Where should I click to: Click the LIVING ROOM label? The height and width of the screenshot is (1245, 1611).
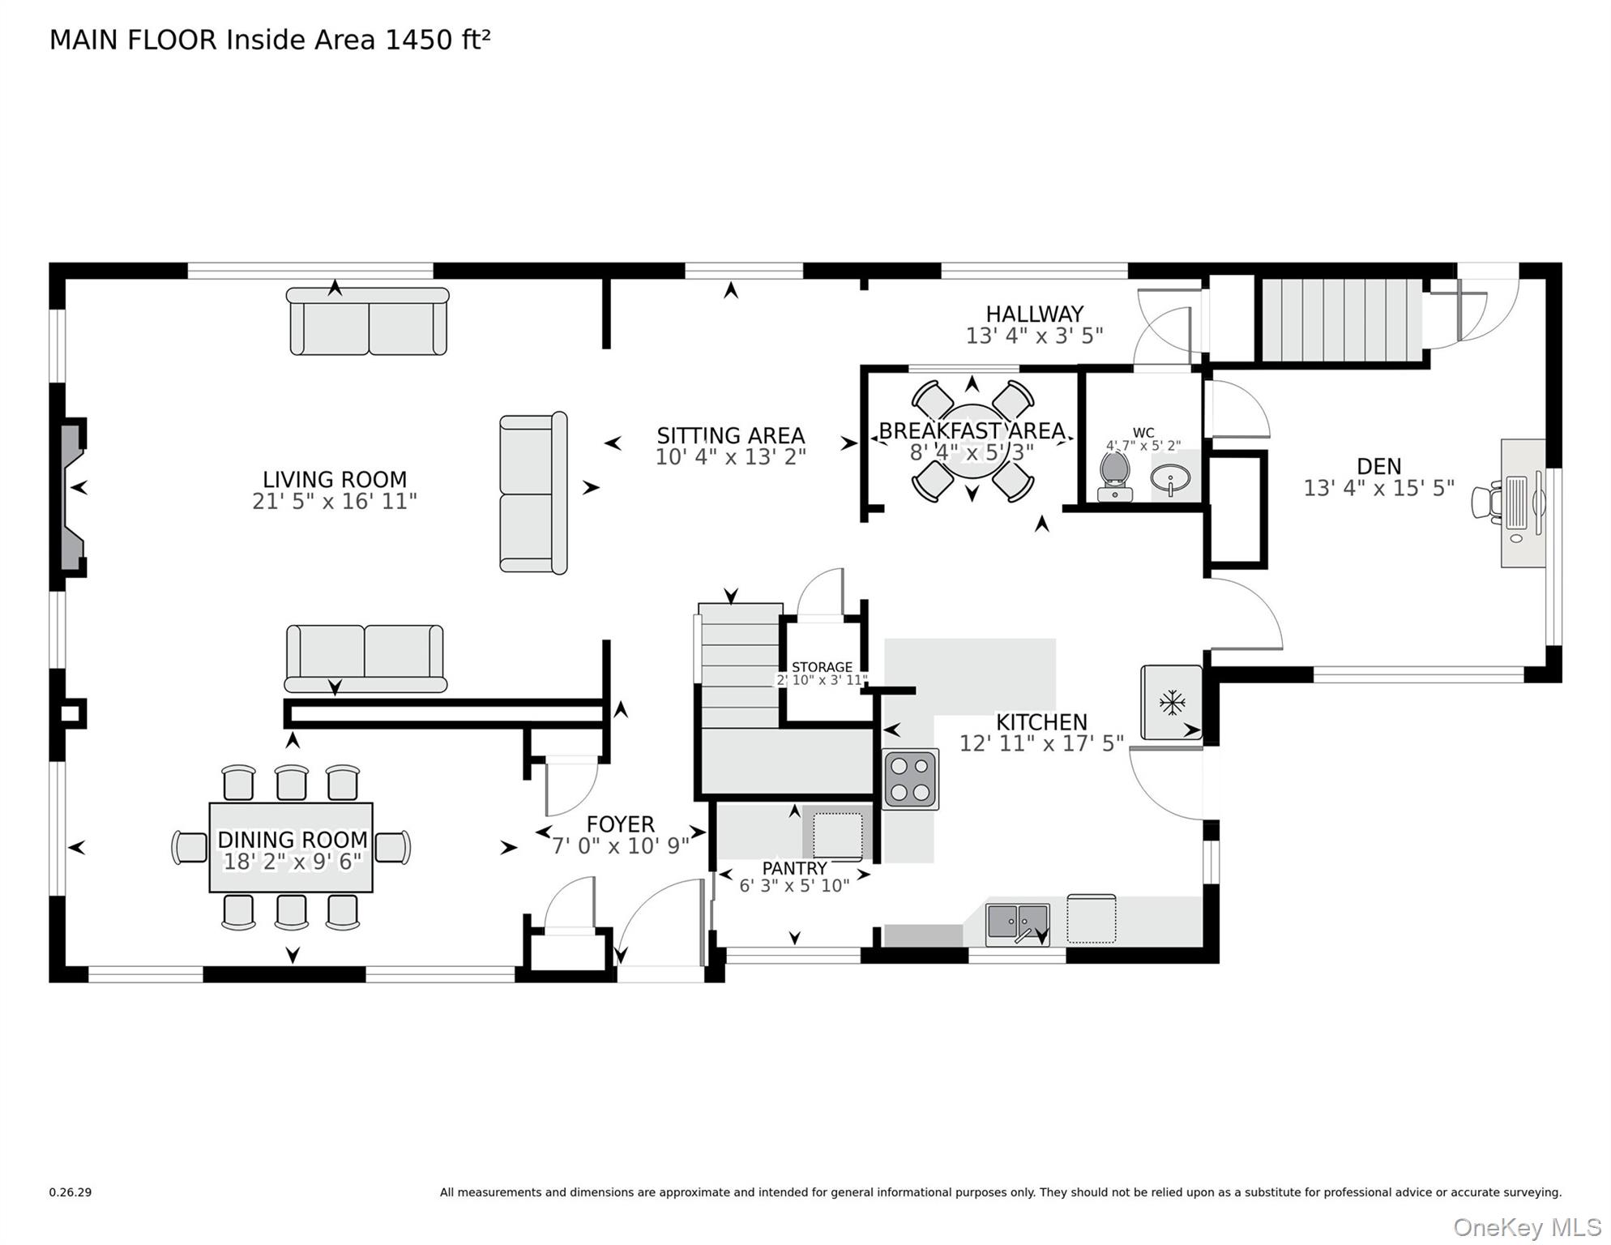click(334, 479)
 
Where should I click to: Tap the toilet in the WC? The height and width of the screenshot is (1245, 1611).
click(1115, 476)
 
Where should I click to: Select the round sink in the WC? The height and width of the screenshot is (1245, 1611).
click(1171, 480)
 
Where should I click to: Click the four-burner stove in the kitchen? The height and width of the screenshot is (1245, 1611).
click(910, 779)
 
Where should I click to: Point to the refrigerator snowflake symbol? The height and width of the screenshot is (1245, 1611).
click(1172, 702)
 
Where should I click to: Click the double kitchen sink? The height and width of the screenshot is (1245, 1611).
click(1017, 925)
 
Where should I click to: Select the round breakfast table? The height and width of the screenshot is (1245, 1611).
click(972, 442)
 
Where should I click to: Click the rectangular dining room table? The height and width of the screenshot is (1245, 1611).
click(291, 847)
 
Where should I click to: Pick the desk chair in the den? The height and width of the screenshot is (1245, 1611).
click(1486, 500)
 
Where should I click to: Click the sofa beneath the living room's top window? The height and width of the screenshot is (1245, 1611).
click(368, 321)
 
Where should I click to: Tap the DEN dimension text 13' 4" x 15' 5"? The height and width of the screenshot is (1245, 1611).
click(1378, 488)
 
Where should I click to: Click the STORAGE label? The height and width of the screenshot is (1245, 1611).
click(822, 667)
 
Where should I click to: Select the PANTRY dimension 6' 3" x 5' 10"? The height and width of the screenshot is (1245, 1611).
click(794, 886)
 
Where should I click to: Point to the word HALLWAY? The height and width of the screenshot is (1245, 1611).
click(1034, 314)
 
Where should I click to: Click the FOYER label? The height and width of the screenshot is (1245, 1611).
click(620, 824)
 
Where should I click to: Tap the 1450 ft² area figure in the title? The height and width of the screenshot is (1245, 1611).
click(438, 40)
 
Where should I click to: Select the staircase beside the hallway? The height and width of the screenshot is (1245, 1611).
click(1341, 320)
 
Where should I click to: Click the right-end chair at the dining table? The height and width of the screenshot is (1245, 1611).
click(393, 848)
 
